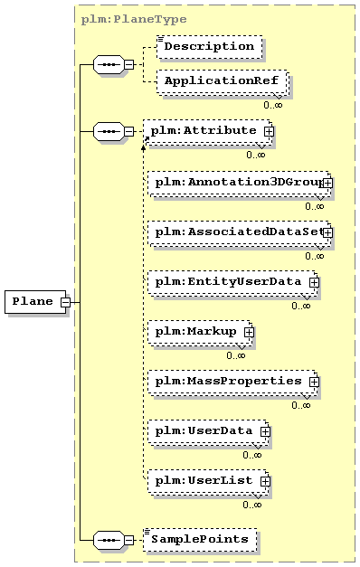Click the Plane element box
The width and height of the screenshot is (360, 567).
(x=35, y=301)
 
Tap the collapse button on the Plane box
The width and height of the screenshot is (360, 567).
(x=65, y=302)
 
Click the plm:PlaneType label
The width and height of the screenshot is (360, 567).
(x=134, y=19)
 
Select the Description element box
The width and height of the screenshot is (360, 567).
(x=210, y=47)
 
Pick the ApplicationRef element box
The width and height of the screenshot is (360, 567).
(x=223, y=81)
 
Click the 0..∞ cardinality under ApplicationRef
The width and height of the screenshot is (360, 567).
(x=273, y=105)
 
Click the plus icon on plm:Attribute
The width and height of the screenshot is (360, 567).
(x=269, y=132)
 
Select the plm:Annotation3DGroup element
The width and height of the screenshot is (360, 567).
(x=239, y=183)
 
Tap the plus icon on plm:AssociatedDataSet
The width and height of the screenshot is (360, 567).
(x=327, y=232)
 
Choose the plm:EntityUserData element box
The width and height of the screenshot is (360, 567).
(x=232, y=283)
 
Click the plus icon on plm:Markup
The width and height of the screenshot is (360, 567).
(x=249, y=332)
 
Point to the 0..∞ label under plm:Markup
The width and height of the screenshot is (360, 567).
(x=236, y=355)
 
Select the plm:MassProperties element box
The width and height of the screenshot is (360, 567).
(x=232, y=383)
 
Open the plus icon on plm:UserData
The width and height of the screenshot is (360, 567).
(x=265, y=431)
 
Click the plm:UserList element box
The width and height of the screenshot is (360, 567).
(x=208, y=482)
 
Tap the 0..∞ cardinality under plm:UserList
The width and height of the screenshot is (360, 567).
(x=252, y=505)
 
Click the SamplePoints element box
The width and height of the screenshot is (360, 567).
(x=200, y=540)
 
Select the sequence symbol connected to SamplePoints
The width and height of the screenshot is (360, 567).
(x=109, y=540)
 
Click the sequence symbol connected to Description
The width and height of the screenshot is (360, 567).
(x=109, y=65)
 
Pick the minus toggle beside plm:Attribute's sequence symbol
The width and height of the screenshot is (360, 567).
(x=128, y=131)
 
